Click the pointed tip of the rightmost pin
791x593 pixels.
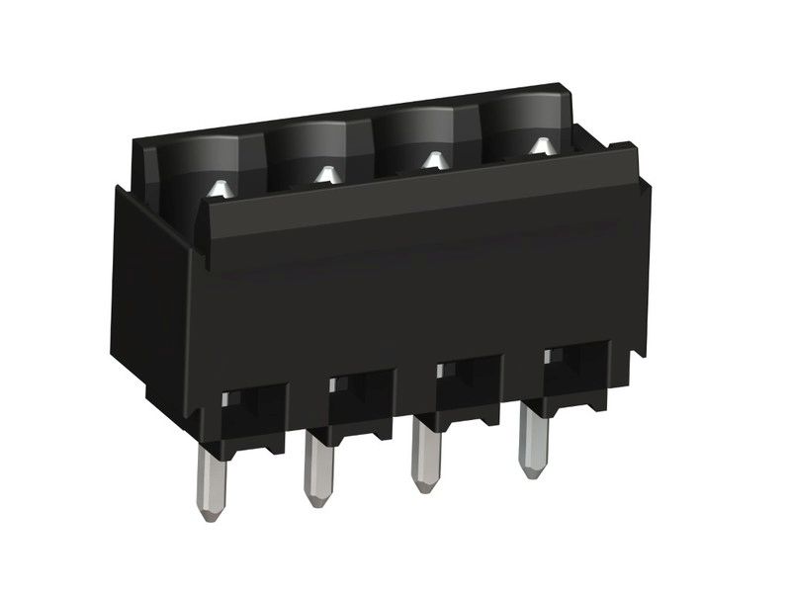coord(535,471)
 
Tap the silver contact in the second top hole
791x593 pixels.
coord(325,174)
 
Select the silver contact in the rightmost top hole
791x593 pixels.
coord(539,146)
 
